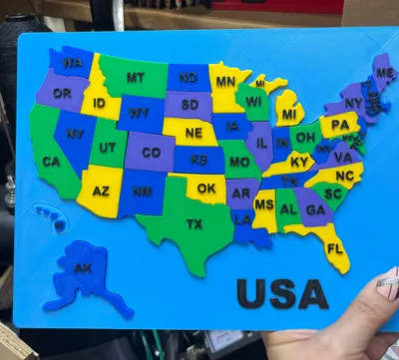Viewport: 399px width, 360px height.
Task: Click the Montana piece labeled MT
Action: click(x=135, y=78)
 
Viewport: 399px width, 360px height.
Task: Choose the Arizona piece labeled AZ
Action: click(x=100, y=189)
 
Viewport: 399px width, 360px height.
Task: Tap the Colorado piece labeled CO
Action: click(x=151, y=153)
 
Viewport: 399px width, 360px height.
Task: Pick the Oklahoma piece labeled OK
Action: click(x=205, y=187)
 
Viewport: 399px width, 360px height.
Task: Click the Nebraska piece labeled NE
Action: click(x=194, y=133)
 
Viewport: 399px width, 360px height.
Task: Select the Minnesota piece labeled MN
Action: click(x=225, y=82)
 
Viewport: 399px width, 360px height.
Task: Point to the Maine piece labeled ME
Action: click(x=383, y=73)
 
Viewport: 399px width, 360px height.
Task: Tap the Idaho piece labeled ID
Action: click(x=99, y=103)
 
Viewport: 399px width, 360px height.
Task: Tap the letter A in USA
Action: click(x=312, y=293)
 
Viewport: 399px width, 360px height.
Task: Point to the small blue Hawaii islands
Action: click(x=47, y=214)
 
